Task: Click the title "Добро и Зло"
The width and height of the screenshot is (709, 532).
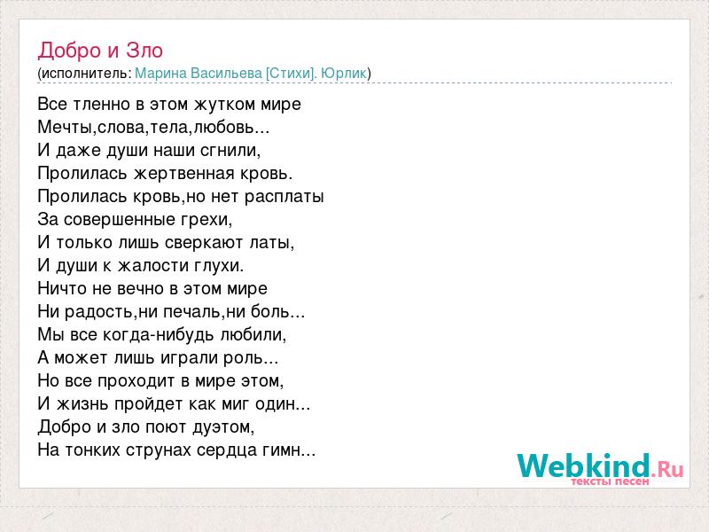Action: [x=100, y=51]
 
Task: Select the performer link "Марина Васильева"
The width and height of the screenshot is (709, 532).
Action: [x=199, y=74]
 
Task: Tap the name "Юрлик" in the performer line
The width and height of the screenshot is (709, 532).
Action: [x=344, y=74]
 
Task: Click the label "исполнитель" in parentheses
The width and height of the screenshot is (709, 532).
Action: [x=84, y=74]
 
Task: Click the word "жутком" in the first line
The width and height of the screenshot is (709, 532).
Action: [x=225, y=105]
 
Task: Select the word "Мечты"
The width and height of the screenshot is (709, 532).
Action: [x=66, y=128]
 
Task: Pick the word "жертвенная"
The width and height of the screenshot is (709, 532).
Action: [x=182, y=174]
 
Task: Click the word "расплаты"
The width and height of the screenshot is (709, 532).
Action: [x=284, y=197]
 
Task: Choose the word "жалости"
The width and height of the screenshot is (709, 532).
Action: [x=153, y=265]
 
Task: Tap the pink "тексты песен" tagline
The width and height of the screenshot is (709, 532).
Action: [x=610, y=481]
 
